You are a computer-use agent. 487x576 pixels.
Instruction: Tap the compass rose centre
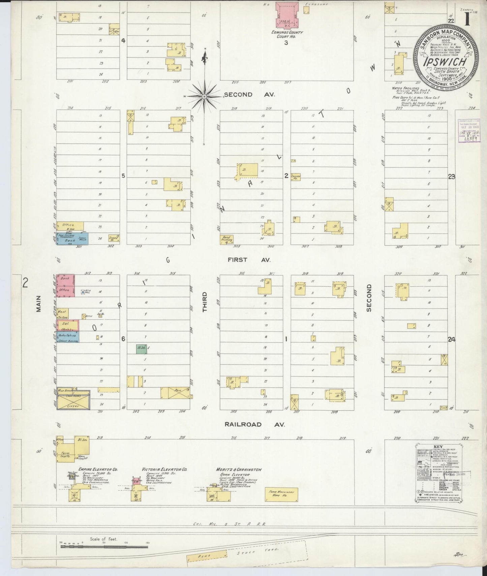[x=204, y=97]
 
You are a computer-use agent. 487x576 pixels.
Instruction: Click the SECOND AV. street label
[x=249, y=95]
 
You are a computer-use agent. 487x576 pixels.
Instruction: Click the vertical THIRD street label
[x=205, y=302]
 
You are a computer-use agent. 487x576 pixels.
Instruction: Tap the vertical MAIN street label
[x=38, y=304]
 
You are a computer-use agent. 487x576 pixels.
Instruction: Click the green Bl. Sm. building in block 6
[x=142, y=349]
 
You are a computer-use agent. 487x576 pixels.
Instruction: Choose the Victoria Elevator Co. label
[x=165, y=469]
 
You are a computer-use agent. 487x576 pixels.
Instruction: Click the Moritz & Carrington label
[x=239, y=469]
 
